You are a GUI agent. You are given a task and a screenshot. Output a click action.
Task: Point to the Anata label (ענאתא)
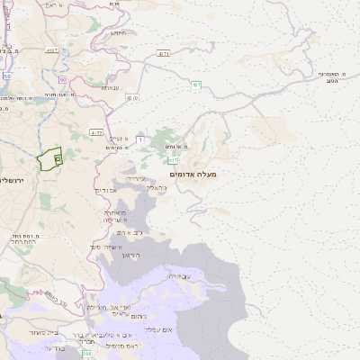(111, 87)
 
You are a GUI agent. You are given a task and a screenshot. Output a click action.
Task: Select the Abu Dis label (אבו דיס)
(106, 190)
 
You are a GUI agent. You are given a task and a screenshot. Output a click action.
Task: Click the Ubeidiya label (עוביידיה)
(180, 275)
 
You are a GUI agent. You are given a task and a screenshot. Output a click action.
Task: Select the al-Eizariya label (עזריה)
(136, 178)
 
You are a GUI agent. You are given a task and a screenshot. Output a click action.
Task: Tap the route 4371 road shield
(163, 54)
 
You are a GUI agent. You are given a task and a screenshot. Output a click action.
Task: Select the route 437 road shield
(196, 85)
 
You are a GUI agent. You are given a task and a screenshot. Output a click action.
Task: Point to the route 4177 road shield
(96, 132)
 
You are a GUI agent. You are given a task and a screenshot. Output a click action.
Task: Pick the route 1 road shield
(140, 139)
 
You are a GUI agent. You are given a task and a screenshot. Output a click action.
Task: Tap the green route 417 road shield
(174, 160)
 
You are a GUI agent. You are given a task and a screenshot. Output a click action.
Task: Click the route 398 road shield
(87, 354)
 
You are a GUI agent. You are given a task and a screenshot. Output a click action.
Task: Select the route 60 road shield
(63, 80)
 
